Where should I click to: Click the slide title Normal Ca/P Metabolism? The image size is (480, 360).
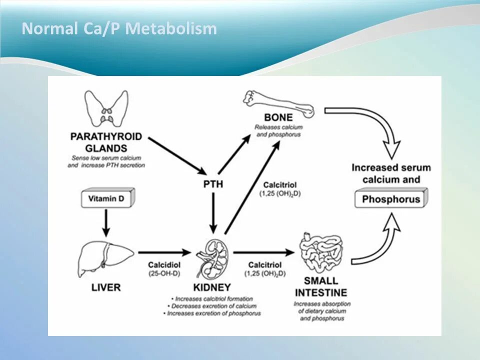click(x=119, y=28)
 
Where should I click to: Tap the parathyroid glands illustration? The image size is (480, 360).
click(x=105, y=109)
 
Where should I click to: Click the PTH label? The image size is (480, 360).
click(x=213, y=184)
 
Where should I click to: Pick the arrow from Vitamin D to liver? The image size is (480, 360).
click(x=105, y=222)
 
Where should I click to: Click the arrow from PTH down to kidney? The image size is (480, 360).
click(x=213, y=212)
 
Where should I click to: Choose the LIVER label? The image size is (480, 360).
click(x=105, y=287)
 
